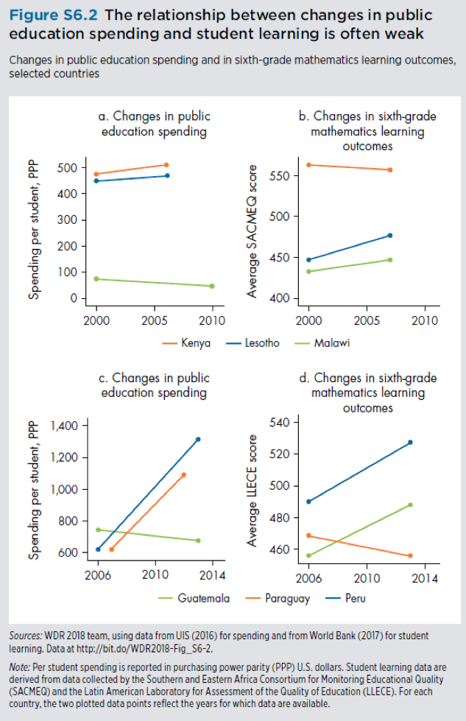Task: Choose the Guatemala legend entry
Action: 195,598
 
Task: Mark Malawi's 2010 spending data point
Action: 212,286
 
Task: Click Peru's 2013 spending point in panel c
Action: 198,439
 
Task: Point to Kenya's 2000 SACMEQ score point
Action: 309,165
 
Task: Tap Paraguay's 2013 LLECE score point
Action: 410,555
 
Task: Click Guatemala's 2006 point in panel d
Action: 309,555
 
